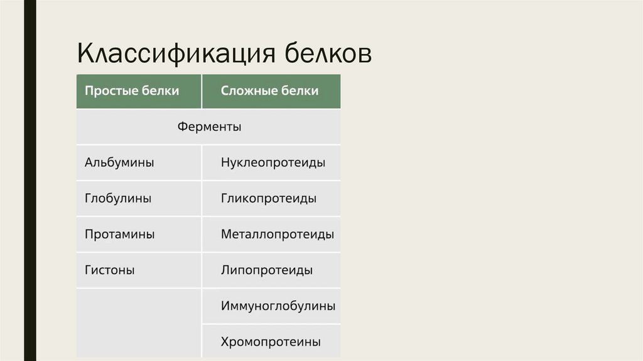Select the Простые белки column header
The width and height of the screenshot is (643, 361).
click(x=132, y=91)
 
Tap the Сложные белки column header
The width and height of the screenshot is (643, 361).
click(x=269, y=91)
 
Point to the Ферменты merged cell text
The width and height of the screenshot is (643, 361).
click(x=209, y=127)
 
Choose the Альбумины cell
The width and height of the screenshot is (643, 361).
click(x=119, y=163)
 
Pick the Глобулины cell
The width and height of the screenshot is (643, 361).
click(x=118, y=199)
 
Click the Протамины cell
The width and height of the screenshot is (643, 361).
click(x=119, y=235)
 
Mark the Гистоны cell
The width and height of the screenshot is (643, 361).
click(x=110, y=270)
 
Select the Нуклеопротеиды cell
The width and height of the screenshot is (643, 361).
click(x=273, y=163)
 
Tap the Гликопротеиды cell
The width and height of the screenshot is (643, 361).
click(x=269, y=199)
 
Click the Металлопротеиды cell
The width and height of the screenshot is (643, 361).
click(x=277, y=235)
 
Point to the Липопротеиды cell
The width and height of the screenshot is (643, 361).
click(x=267, y=270)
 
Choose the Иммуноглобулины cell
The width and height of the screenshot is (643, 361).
click(x=278, y=306)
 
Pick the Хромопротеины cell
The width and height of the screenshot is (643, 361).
click(x=271, y=342)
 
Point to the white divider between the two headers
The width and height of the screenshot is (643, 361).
click(x=202, y=91)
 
